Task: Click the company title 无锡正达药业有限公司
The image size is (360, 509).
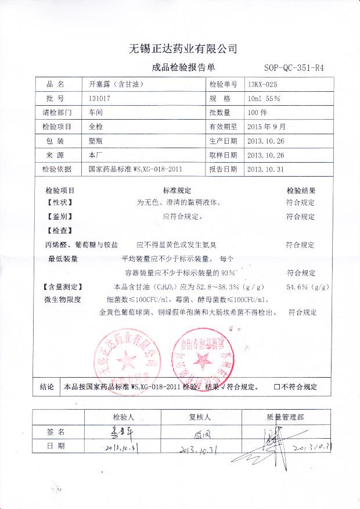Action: [182, 48]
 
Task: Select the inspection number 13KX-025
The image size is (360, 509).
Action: [266, 84]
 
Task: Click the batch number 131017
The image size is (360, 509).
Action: [100, 98]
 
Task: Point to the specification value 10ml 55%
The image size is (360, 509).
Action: [264, 98]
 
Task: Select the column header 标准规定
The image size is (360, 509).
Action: [177, 191]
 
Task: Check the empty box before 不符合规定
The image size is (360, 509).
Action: [277, 386]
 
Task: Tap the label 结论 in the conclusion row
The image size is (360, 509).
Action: [47, 386]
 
